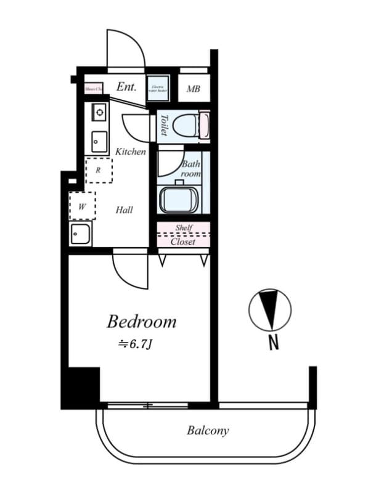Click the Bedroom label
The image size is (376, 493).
coord(141,322)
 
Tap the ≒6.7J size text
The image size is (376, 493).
coord(134,344)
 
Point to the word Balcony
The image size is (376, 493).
coord(208,431)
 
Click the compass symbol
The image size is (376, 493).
coord(269,309)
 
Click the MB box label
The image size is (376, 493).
coord(194,89)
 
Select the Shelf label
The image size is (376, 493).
coord(184,228)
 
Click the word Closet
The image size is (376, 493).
coord(183,242)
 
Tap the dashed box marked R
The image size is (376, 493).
coord(99,170)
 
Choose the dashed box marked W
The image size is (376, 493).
coord(82,206)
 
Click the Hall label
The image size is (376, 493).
coord(124,210)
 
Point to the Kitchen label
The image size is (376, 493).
coord(131,151)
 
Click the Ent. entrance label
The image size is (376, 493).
coord(126,88)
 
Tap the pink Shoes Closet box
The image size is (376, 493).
coord(93,88)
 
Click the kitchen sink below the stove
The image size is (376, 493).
coord(99,142)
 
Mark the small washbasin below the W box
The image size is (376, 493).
coord(81,234)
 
